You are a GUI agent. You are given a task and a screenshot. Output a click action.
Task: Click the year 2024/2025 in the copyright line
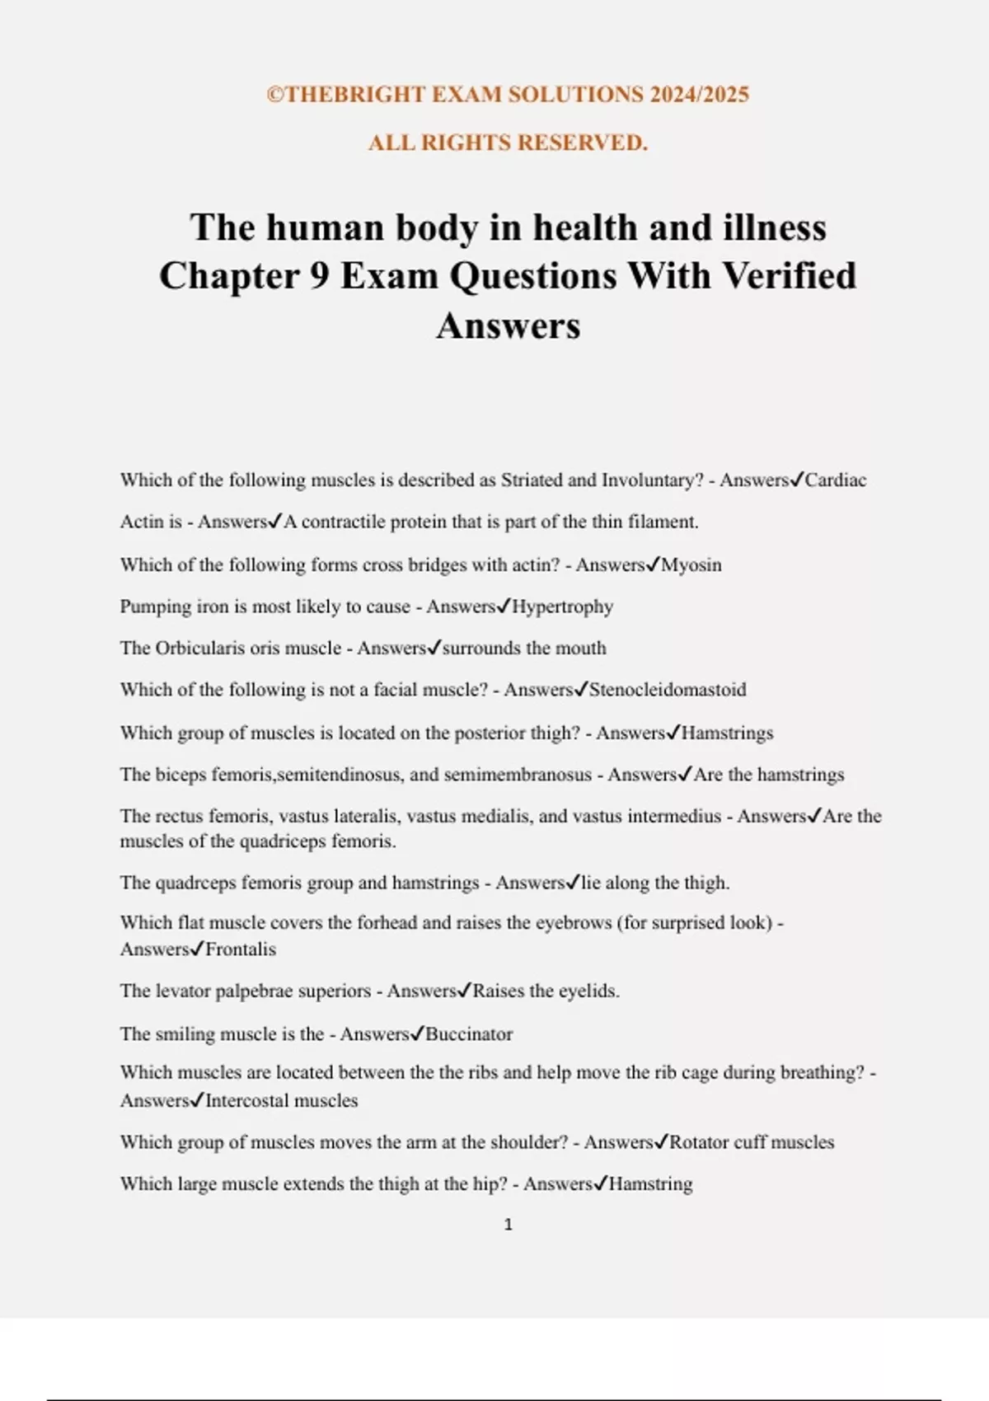point(699,95)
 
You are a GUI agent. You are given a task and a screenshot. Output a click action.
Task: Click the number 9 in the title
point(320,276)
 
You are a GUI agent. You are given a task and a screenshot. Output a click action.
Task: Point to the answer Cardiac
point(836,480)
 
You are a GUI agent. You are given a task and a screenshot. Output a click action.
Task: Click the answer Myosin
point(691,565)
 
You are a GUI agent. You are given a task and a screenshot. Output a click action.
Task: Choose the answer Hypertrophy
point(563,607)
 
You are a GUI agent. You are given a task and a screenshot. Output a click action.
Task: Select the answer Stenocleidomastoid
point(668,690)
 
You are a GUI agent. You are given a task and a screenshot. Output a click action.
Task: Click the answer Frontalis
point(240,949)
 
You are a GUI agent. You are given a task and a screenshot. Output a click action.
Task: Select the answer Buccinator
point(469,1034)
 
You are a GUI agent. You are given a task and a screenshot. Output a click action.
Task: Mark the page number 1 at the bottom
point(508,1225)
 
